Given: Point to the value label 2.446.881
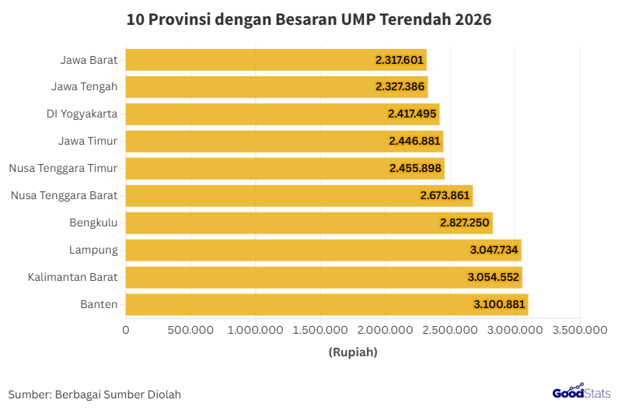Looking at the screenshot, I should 415,142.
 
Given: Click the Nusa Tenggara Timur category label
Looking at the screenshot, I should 63,168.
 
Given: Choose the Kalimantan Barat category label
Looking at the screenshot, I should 72,277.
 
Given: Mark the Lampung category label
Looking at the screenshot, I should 93,250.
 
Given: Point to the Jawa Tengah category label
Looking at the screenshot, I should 84,86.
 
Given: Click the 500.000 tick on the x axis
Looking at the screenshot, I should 191,330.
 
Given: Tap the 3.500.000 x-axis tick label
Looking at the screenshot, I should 581,330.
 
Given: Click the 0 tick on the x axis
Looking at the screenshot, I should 126,330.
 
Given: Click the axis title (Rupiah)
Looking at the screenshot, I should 353,352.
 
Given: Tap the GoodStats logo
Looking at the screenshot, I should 581,393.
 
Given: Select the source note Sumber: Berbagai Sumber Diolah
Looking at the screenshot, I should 95,394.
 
